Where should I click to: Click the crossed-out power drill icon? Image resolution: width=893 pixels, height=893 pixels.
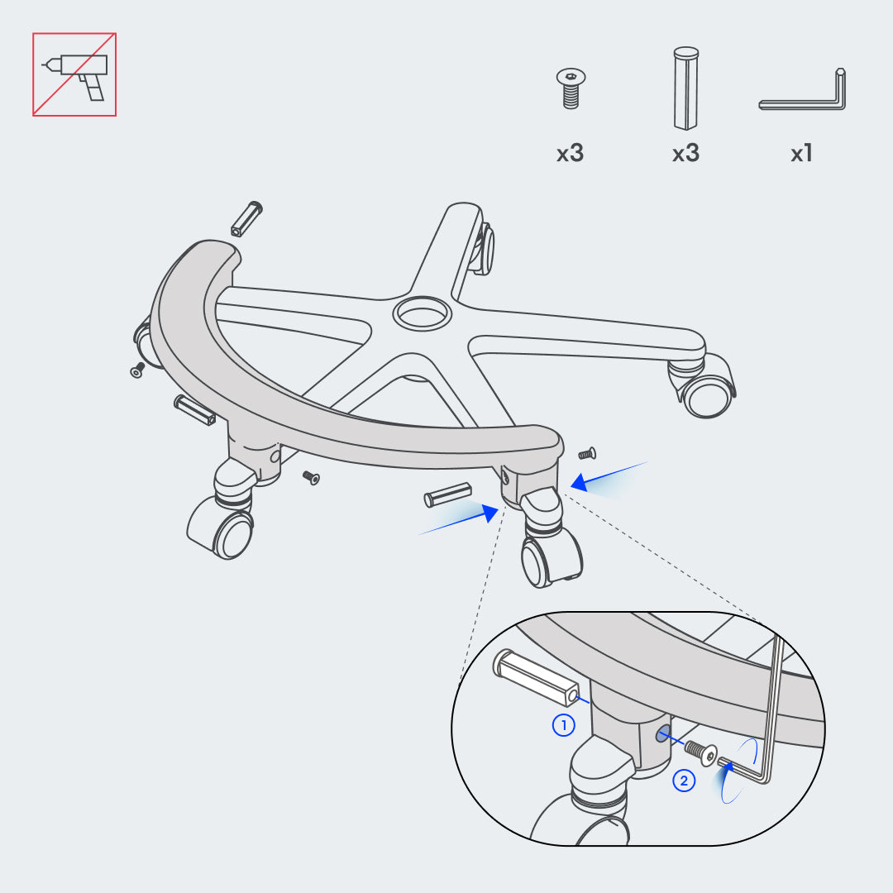click(74, 74)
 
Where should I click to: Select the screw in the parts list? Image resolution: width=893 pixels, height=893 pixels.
click(571, 88)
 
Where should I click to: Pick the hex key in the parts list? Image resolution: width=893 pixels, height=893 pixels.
click(802, 91)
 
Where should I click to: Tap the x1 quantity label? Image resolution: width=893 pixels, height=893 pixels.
click(801, 153)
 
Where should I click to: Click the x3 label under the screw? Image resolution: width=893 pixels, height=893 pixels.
click(570, 153)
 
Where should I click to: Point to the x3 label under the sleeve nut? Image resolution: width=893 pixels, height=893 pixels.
click(685, 153)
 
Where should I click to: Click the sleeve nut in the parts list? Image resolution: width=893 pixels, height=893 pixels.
click(685, 88)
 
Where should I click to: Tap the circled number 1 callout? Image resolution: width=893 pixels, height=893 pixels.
click(564, 725)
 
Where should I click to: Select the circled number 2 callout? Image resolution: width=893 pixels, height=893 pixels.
click(684, 781)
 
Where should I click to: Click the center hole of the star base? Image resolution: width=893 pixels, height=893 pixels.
click(422, 313)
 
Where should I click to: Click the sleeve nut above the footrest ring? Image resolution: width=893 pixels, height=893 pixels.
click(246, 218)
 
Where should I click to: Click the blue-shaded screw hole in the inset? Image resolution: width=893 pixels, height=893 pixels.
click(662, 734)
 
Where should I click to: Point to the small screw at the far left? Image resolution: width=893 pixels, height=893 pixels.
click(138, 370)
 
